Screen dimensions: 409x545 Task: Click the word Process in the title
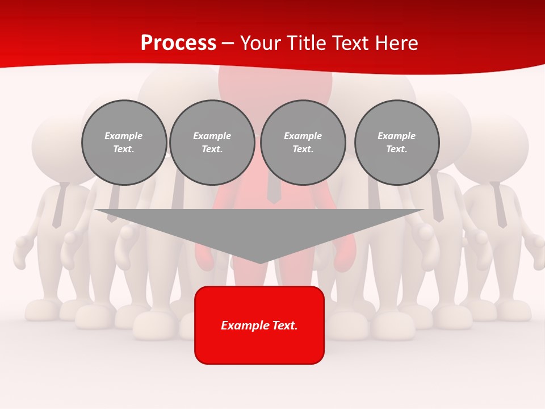tap(178, 43)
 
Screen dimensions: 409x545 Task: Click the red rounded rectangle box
tap(259, 347)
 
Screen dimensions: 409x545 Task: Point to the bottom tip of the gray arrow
tap(260, 262)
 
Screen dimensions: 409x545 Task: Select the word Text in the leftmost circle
tap(124, 149)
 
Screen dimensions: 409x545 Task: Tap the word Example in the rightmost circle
tap(396, 136)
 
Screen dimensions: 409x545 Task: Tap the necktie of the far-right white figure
tap(499, 204)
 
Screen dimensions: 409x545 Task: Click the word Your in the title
tap(259, 43)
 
